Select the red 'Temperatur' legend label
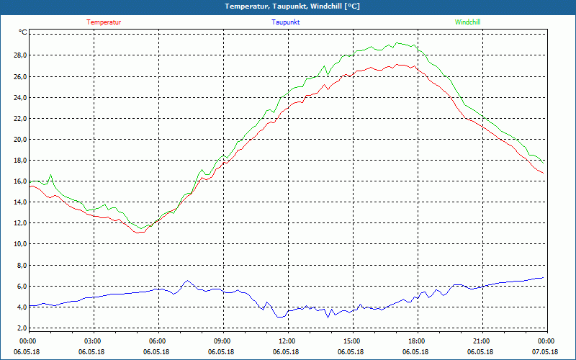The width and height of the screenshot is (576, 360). (x=104, y=22)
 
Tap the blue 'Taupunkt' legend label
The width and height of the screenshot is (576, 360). (x=286, y=22)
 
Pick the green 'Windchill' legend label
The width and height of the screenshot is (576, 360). (x=467, y=22)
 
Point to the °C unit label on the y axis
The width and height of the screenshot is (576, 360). (x=23, y=32)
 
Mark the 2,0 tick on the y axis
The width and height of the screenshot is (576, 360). (x=22, y=328)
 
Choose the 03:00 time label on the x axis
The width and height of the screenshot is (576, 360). (x=93, y=341)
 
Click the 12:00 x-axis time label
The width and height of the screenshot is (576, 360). (x=287, y=341)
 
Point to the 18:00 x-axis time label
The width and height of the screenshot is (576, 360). (x=416, y=341)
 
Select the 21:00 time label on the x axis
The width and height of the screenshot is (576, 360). (x=481, y=341)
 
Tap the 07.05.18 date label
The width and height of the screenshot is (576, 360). (x=545, y=351)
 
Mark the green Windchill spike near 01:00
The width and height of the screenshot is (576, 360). (x=50, y=175)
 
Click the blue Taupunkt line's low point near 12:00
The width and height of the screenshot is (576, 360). (x=281, y=317)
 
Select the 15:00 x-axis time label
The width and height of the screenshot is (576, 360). (x=351, y=341)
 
